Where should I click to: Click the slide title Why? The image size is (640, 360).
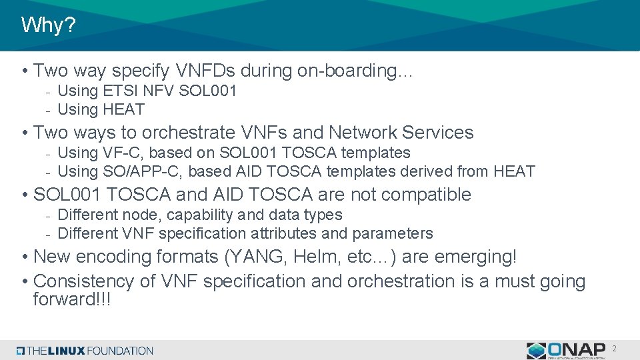(49, 25)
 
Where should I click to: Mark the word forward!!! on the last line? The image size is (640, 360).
(72, 299)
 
